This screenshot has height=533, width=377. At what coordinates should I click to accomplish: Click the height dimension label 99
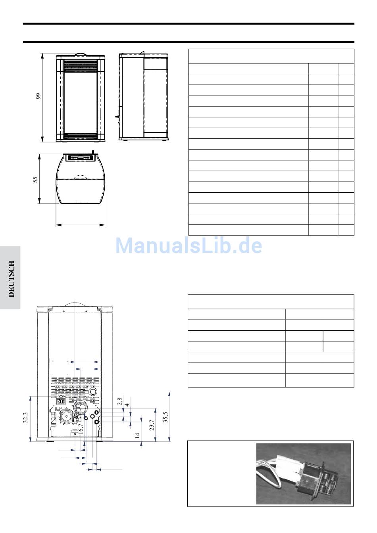click(x=38, y=96)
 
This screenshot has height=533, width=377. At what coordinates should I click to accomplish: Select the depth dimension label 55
click(x=35, y=179)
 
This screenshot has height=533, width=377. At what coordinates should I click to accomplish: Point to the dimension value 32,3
click(x=25, y=418)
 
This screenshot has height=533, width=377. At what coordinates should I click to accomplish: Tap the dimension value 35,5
click(x=165, y=417)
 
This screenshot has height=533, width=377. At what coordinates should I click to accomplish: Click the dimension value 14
click(x=137, y=435)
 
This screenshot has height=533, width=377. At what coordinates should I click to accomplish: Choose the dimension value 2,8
click(x=120, y=401)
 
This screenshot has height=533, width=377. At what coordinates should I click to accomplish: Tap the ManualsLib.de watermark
click(x=188, y=245)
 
